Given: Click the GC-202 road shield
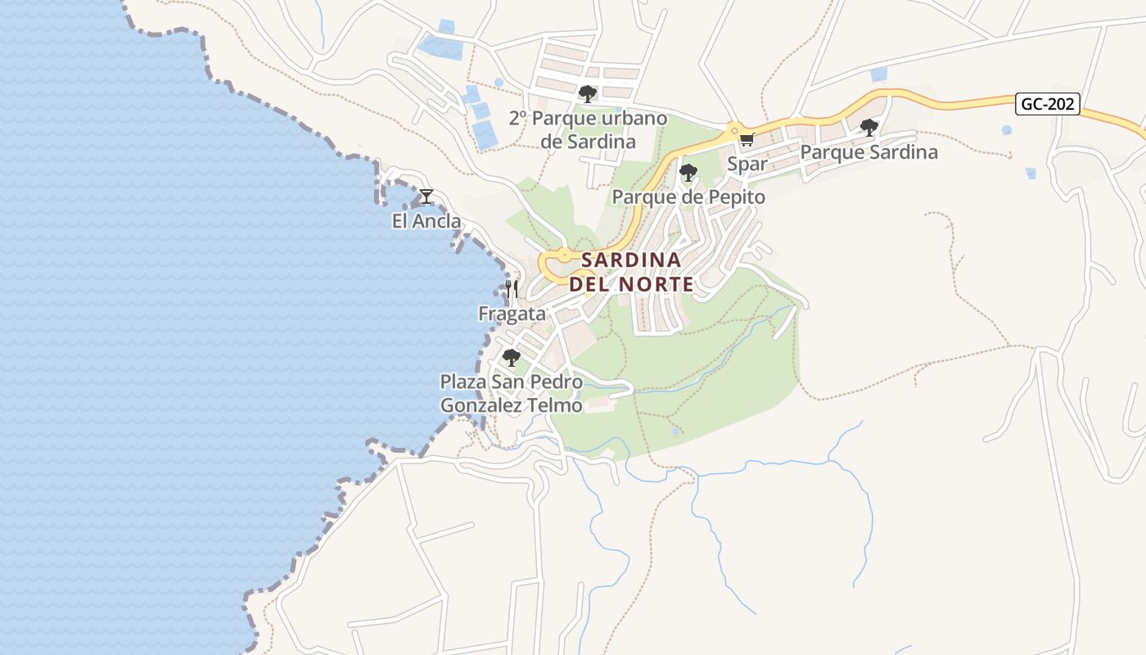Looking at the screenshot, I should point(1049,104).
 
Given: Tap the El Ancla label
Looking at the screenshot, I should point(426,221).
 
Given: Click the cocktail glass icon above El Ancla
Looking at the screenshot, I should point(426,196).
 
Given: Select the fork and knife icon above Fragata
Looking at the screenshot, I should point(512,288).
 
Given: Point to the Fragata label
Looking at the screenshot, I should point(512,314).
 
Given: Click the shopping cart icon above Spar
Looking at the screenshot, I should point(747,139).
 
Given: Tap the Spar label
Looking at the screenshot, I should point(747,164).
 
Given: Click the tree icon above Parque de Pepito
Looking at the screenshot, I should point(688,172).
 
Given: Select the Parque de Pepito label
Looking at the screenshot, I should point(688,197).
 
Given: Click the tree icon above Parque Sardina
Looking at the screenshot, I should point(869,127).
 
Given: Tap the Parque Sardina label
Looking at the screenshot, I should point(869,152).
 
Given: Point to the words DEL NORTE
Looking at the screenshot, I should point(631,285).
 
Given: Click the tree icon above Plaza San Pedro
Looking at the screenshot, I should point(512,358).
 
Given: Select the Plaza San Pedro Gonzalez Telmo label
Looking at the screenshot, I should point(512,394).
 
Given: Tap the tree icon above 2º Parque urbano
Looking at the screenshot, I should point(588,93).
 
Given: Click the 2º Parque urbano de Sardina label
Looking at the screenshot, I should point(588,129).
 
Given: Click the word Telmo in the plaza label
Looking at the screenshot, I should point(557,405).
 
